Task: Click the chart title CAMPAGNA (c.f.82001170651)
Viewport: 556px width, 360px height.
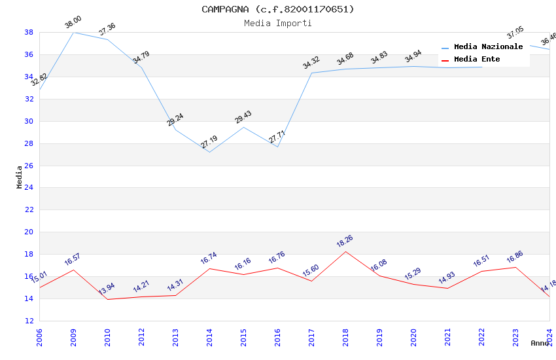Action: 278,9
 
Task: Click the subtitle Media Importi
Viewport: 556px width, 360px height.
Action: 278,23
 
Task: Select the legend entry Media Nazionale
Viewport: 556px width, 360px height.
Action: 488,46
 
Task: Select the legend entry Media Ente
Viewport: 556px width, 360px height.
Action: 477,59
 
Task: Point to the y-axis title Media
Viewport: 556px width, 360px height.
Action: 20,177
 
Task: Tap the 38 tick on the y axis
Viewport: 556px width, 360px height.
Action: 29,32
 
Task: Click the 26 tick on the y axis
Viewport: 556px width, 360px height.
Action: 29,166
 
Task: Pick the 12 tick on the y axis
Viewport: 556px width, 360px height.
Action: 29,321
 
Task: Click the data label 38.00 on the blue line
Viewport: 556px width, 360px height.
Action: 73,24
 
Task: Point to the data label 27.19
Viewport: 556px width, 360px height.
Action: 209,141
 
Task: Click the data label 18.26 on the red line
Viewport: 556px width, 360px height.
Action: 345,242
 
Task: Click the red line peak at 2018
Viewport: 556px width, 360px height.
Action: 345,251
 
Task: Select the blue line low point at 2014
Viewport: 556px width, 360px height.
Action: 209,153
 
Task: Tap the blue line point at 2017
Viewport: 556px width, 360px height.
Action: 311,73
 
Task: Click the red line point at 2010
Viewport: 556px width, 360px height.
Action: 107,299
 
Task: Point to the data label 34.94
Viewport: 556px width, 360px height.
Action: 413,57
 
